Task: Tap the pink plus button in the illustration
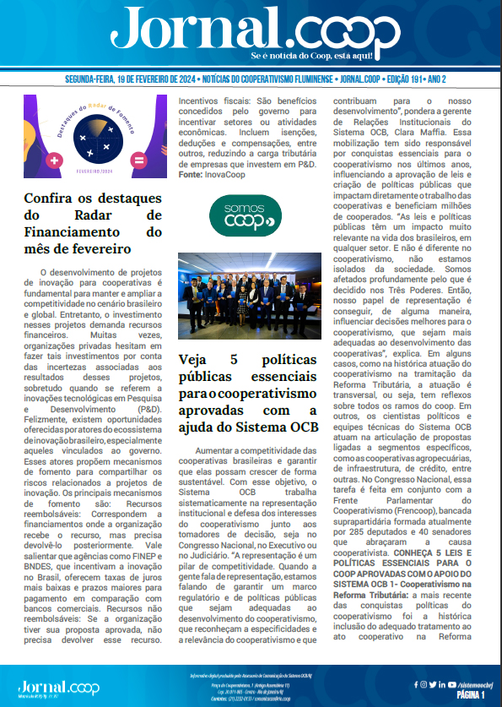point(55,160)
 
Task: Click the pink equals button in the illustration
point(139,160)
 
